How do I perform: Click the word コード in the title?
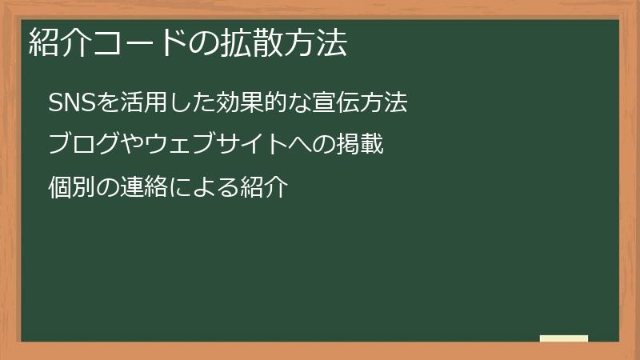[x=139, y=43]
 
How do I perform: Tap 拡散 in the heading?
[x=251, y=43]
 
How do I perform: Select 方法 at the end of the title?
[x=315, y=43]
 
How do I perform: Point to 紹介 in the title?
[x=60, y=43]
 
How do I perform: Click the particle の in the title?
[x=203, y=43]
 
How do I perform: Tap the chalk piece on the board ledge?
[x=564, y=338]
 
